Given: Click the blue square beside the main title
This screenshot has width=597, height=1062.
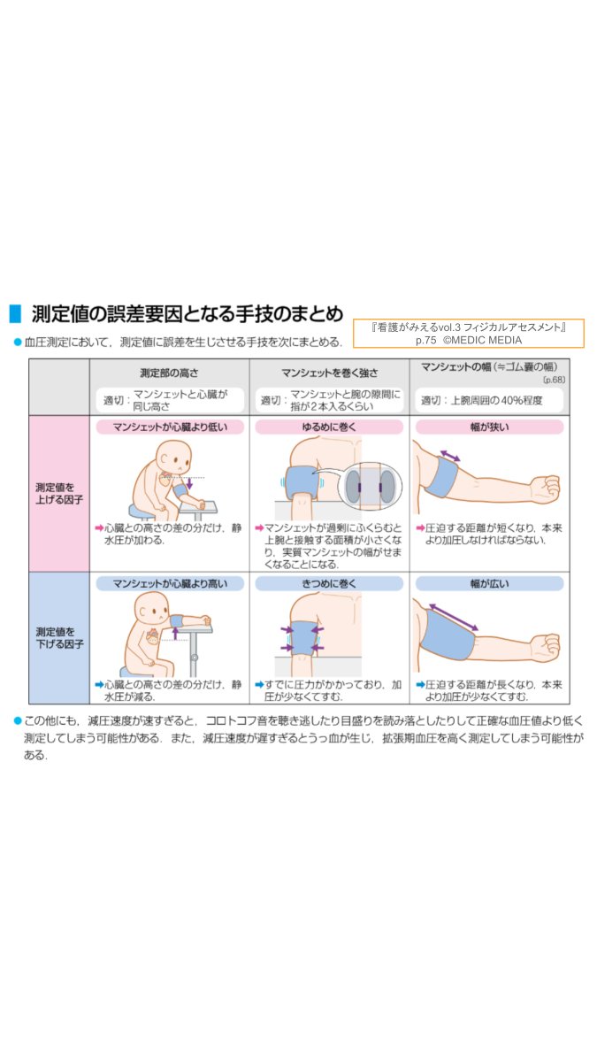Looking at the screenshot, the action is [x=15, y=313].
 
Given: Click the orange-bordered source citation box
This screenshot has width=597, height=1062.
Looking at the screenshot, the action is [x=468, y=334].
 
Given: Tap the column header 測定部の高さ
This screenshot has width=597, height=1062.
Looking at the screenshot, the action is [x=169, y=373].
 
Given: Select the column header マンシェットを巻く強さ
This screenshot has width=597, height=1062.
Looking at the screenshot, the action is [x=330, y=373].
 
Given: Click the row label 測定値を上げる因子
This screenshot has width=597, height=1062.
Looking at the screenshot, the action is [x=59, y=494].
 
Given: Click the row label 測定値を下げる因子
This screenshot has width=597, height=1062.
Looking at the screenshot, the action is [x=59, y=638].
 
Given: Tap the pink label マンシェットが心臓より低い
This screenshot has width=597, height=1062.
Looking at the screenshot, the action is [x=170, y=427].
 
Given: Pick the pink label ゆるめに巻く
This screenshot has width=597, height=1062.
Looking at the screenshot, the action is [x=329, y=427].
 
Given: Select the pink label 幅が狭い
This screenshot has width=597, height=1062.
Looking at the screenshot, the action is [x=489, y=427].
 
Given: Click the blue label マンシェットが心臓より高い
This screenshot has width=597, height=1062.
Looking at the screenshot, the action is [x=170, y=583].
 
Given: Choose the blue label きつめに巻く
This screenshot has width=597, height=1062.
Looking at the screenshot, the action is [x=329, y=583].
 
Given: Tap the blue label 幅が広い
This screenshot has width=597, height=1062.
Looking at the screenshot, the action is [x=489, y=583].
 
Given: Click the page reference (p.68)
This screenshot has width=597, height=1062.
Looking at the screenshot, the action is [x=554, y=380].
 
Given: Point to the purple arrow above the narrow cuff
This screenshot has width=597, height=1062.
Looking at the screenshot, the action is [x=450, y=455].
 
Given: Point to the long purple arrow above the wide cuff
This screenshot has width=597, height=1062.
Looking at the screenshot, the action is [x=454, y=618].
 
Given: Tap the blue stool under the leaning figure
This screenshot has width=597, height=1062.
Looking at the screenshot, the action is [x=142, y=512].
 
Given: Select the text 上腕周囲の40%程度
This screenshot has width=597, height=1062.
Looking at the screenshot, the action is [x=496, y=401].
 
